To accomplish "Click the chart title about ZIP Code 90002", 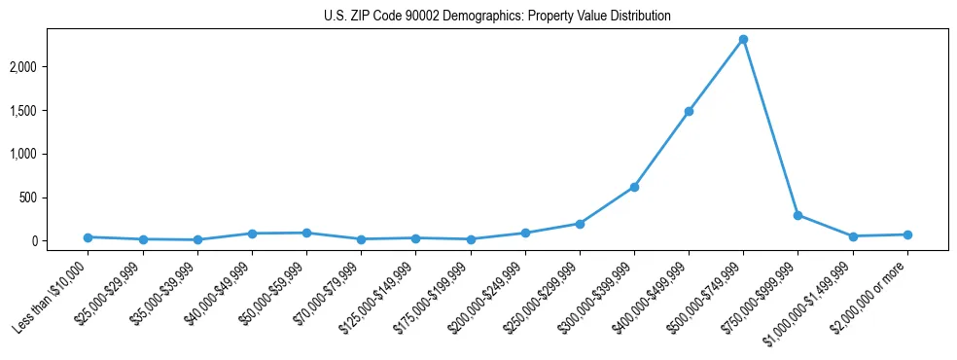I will pos(497,17).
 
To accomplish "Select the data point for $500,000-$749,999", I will pos(743,40).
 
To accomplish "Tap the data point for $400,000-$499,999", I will pos(689,112).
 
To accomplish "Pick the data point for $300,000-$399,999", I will pos(634,187).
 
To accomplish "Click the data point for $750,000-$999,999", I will pos(797,215).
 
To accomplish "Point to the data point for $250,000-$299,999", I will pos(580,224).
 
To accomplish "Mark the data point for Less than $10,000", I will pos(89,237).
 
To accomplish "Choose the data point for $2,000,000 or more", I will pos(907,234).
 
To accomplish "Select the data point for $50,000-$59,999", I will pos(306,233).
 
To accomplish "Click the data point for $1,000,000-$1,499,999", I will pos(853,236).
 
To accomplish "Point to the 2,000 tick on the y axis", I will pos(53,67).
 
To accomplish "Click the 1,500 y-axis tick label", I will pos(53,111).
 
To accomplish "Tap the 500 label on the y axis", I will pos(57,198).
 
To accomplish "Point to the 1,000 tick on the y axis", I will pos(53,154).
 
